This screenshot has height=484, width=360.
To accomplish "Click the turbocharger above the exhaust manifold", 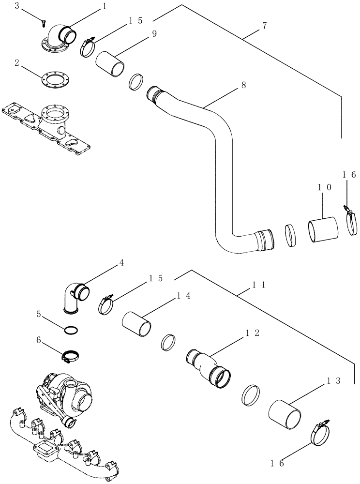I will click(68, 394).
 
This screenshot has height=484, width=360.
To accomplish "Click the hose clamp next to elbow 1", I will click(88, 46).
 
